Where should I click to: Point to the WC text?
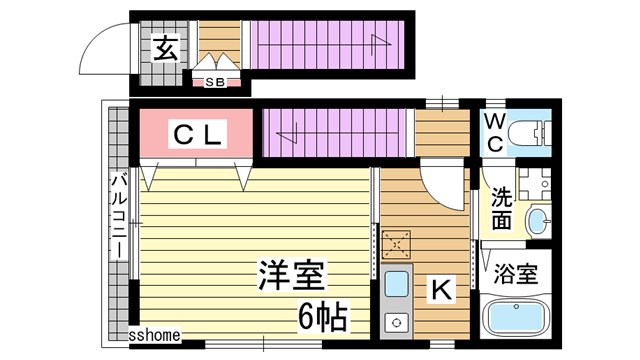click(x=495, y=133)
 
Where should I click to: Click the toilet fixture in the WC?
click(x=531, y=133)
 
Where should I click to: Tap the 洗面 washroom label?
click(x=501, y=208)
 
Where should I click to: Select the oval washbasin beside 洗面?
click(x=537, y=221)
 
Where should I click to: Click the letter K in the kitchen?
click(x=440, y=289)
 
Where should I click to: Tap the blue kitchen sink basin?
click(x=396, y=283)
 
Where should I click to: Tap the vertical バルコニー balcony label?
click(x=118, y=214)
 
